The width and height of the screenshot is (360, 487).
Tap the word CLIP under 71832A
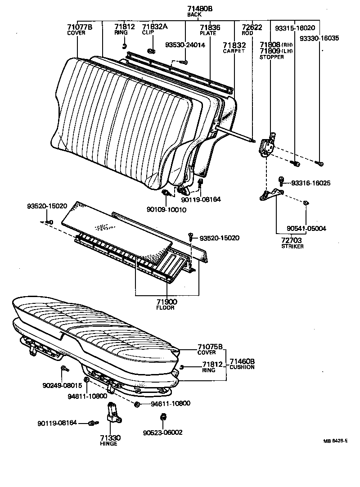[x=148, y=33]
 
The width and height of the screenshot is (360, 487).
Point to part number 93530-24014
[x=185, y=45]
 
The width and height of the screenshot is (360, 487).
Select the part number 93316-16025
[x=310, y=183]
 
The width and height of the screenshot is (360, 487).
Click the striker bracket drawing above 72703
[x=272, y=194]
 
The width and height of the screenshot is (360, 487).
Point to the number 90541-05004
[x=306, y=229]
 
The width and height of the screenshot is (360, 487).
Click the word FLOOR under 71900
[x=165, y=308]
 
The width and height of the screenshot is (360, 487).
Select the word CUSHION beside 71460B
[x=242, y=367]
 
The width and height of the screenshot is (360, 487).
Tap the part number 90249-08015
[x=62, y=385]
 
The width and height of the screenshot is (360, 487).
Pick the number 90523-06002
[x=163, y=433]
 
